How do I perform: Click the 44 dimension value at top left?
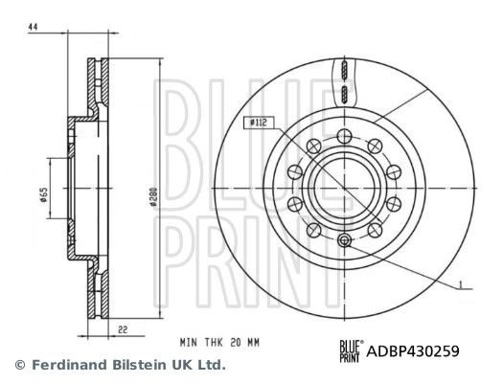pos(33,27)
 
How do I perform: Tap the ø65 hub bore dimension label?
pos(44,194)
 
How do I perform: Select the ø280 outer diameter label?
pos(154,197)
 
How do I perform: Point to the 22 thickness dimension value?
pos(123,329)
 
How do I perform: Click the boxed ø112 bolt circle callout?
pos(259,123)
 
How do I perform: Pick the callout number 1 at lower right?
pos(460,284)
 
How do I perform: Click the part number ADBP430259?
pos(413,351)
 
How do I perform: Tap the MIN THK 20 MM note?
pos(219,343)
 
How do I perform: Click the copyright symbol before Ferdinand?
pos(20,365)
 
